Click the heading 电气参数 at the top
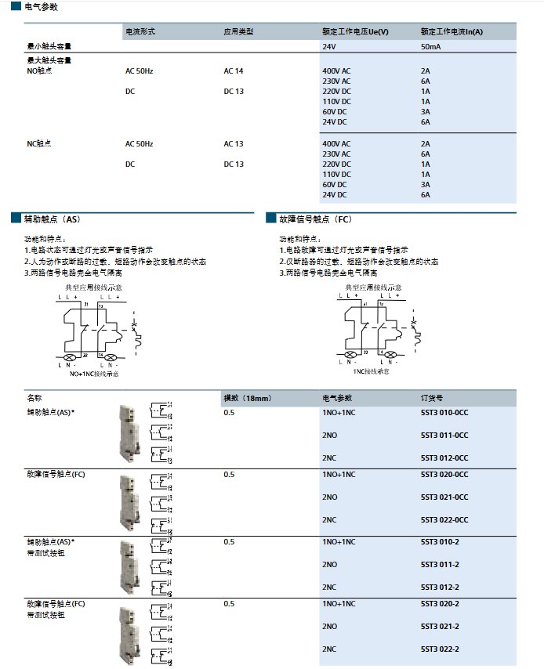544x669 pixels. tap(42, 6)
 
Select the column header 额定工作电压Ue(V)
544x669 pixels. tap(355, 32)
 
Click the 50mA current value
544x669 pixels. tap(430, 47)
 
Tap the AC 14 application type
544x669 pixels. tap(234, 71)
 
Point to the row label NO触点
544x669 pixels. tap(39, 71)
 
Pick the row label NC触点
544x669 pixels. tap(39, 144)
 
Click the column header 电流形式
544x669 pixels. tap(140, 32)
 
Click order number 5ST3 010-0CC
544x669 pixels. tap(444, 412)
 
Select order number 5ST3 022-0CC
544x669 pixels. tap(444, 519)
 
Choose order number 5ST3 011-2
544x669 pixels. tap(440, 564)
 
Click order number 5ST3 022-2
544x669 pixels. tap(440, 649)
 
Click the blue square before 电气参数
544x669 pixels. tap(16, 7)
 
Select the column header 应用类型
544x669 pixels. tap(238, 32)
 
